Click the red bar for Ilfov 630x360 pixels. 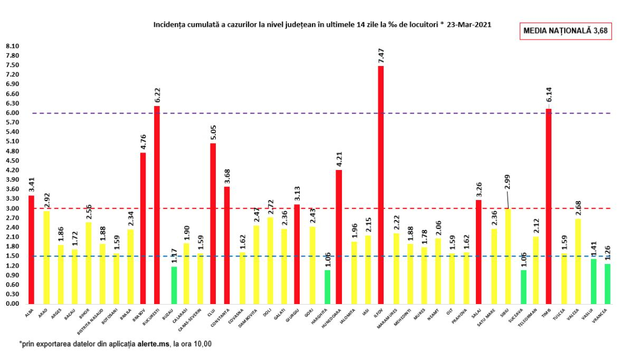[x=381, y=185]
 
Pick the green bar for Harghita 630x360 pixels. [x=327, y=287]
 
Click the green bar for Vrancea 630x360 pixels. [x=607, y=283]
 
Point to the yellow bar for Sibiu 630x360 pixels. [x=508, y=256]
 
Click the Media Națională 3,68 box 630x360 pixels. [x=565, y=31]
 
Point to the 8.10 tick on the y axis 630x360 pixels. [x=12, y=46]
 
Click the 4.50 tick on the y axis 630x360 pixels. [x=12, y=160]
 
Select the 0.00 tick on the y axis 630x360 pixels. [x=12, y=304]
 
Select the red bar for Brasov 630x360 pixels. [x=142, y=228]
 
